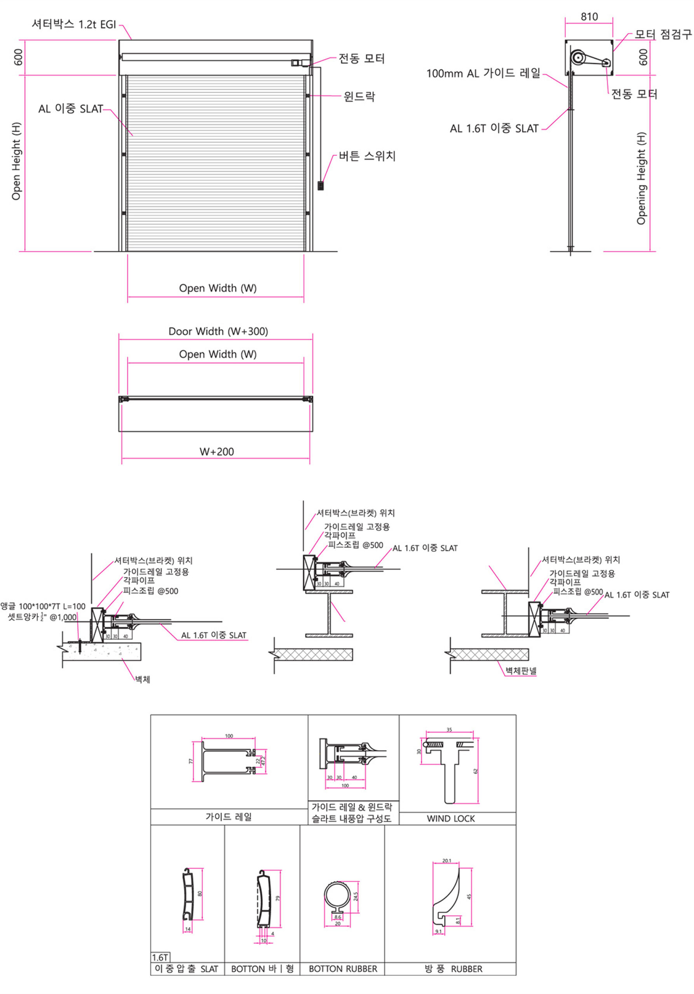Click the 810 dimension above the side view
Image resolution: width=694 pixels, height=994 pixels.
[x=589, y=17]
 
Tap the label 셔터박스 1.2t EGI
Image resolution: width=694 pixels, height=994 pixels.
[x=74, y=24]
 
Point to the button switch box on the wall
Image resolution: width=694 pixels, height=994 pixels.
[x=321, y=186]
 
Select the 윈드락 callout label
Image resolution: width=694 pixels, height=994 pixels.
[x=359, y=96]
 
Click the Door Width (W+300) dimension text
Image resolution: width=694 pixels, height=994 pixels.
[x=218, y=332]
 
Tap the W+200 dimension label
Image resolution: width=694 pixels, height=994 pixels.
[x=216, y=452]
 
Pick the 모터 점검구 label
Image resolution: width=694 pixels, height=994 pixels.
[x=663, y=34]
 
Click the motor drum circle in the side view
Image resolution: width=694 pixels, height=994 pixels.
[x=578, y=57]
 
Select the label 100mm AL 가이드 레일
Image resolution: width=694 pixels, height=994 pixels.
[x=483, y=73]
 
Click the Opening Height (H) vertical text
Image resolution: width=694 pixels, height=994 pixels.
[x=641, y=178]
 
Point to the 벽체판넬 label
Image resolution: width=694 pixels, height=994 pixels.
[x=521, y=671]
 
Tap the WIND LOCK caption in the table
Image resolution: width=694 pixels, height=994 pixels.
[x=450, y=818]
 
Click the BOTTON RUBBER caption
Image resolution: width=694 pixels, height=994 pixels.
[x=343, y=968]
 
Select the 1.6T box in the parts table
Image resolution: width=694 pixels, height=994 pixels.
[x=160, y=957]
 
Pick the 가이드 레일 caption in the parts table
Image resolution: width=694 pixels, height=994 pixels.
[x=228, y=817]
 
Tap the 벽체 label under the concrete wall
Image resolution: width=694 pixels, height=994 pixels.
[x=142, y=679]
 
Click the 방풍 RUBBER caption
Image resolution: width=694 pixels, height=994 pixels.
[x=453, y=968]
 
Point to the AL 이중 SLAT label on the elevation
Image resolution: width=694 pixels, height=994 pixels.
[x=71, y=109]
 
